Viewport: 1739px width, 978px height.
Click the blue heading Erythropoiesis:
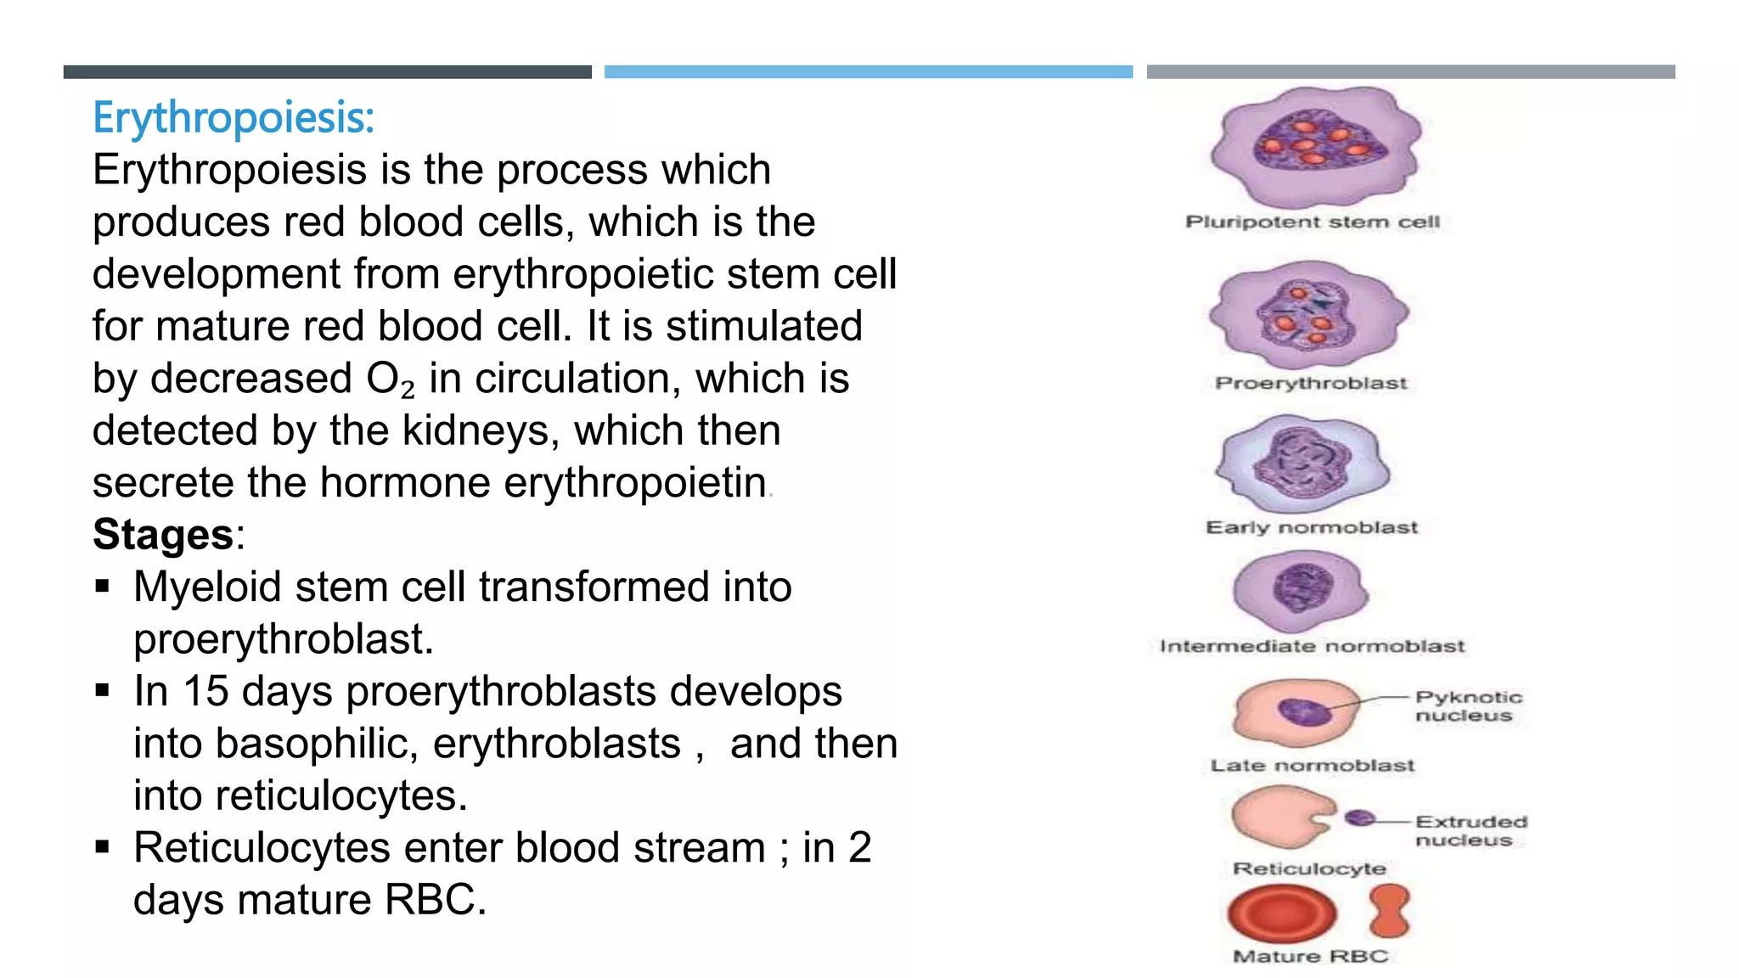[x=233, y=117]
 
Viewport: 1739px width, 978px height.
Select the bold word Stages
[x=163, y=535]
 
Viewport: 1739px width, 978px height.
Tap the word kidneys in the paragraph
[x=475, y=430]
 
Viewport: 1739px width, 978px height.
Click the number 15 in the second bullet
[x=205, y=691]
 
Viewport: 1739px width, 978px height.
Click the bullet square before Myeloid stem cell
[x=103, y=586]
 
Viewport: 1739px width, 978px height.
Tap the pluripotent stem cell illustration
[x=1314, y=147]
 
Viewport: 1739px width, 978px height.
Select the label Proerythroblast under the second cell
[x=1310, y=383]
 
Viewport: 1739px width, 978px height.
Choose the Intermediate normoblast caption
[x=1312, y=647]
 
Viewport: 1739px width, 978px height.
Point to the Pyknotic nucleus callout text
[x=1468, y=706]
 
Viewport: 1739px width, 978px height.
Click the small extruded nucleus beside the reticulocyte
[x=1360, y=818]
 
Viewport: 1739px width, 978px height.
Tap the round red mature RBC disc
[x=1281, y=913]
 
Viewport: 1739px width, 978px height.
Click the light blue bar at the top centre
[x=868, y=72]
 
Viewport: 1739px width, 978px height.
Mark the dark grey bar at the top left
[x=327, y=72]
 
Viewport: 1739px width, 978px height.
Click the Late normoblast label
[x=1312, y=766]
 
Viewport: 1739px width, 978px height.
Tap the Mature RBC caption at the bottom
[x=1310, y=957]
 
